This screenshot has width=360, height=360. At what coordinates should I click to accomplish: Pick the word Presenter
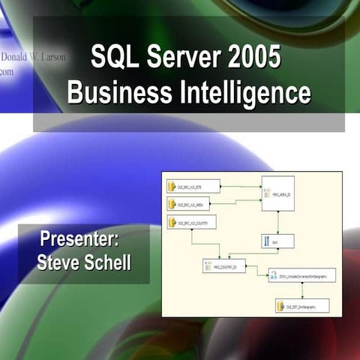[80, 242]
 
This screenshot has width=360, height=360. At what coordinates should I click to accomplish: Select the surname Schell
[106, 262]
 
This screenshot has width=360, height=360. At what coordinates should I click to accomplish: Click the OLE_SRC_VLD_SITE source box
[193, 186]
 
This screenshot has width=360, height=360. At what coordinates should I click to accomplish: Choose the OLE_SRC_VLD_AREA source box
[193, 204]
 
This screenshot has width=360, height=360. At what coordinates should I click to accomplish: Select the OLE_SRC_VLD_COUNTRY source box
[193, 222]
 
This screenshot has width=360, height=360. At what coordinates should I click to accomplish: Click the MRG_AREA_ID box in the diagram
[277, 193]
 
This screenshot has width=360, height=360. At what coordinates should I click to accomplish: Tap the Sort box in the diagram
[277, 241]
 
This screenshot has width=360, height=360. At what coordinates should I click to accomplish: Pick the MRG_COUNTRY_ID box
[223, 265]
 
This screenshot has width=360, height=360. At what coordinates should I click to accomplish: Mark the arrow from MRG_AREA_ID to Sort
[277, 223]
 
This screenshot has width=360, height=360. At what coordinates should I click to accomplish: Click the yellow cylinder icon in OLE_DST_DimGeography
[280, 306]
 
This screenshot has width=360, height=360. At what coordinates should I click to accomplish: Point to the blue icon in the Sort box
[265, 241]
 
